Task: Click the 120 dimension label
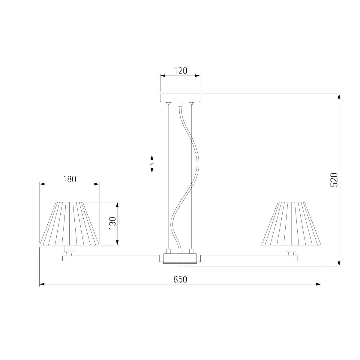tap(181, 71)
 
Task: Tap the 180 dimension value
tap(70, 179)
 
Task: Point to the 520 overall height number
tap(334, 180)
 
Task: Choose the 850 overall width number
tap(180, 280)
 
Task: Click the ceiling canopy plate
tap(180, 98)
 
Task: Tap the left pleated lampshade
tap(69, 223)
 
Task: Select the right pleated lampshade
tap(291, 223)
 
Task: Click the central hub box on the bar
tap(180, 258)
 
